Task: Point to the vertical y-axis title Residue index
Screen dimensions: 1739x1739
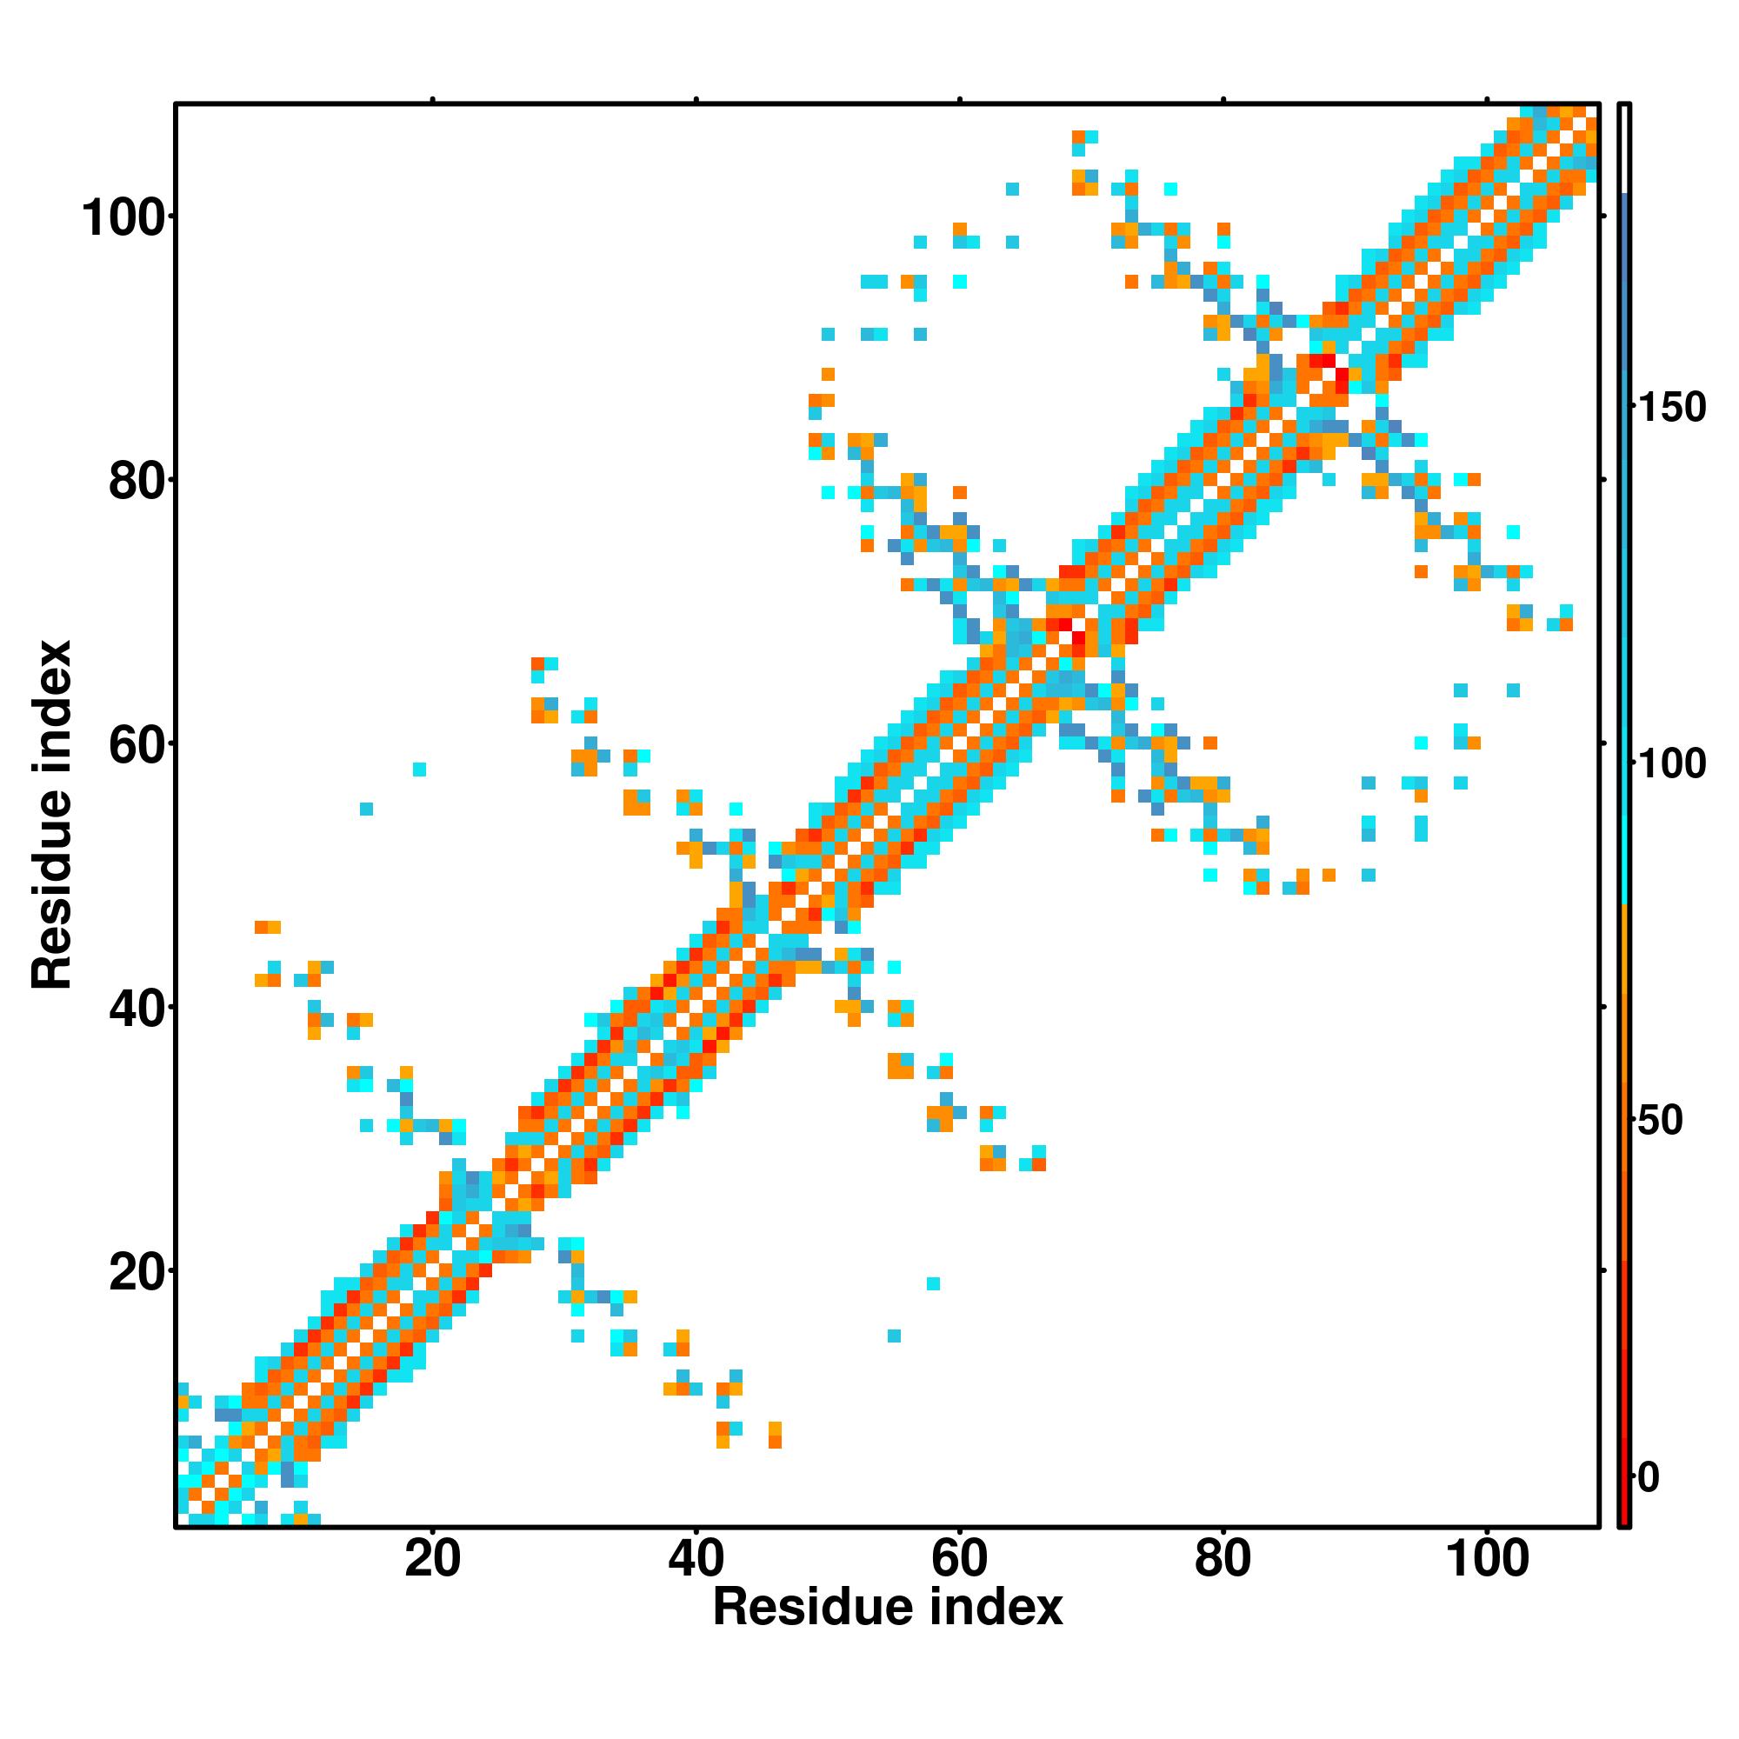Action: click(x=52, y=816)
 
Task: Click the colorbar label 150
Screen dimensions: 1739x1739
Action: click(x=1671, y=408)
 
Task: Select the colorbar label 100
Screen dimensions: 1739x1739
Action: click(x=1671, y=764)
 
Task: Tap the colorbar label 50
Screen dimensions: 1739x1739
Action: click(x=1660, y=1121)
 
